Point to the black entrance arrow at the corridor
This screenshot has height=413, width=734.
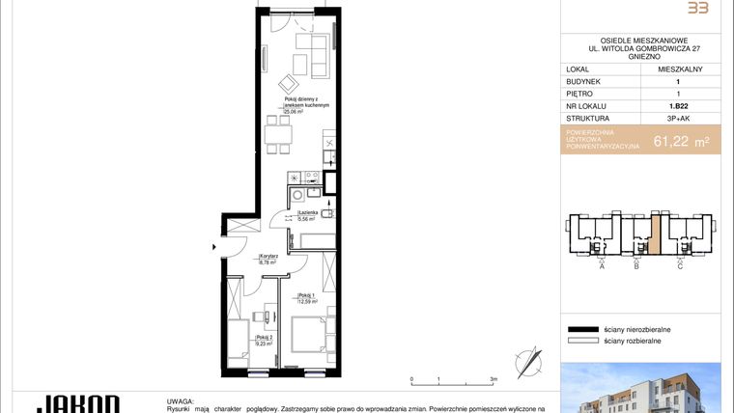[215, 247]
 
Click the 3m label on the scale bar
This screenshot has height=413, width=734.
[494, 379]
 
